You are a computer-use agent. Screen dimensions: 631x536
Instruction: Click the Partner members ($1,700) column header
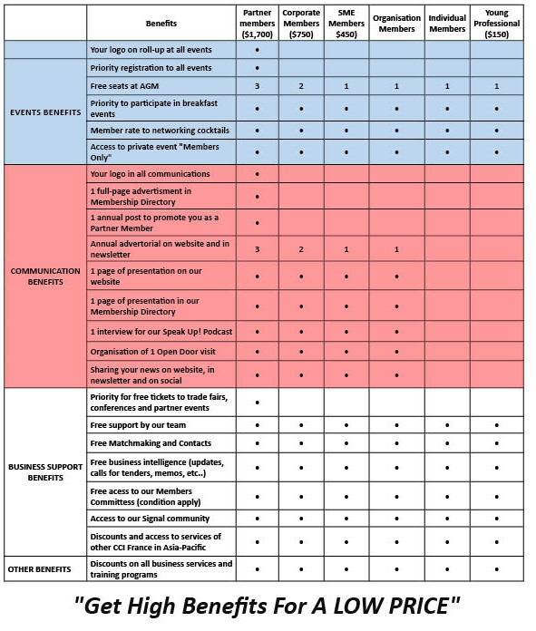click(x=258, y=22)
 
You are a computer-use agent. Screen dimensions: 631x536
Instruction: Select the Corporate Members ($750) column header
click(x=301, y=22)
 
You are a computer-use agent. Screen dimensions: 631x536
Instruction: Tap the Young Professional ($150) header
click(x=496, y=22)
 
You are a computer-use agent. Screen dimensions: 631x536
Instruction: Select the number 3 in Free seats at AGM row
click(x=258, y=86)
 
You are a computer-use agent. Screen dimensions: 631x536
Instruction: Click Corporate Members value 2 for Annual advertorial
click(x=301, y=248)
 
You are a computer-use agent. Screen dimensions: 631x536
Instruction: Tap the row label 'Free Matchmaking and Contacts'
click(x=151, y=443)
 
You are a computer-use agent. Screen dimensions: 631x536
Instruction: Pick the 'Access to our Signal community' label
click(x=150, y=519)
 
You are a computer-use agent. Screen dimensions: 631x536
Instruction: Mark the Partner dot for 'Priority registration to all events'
click(x=258, y=68)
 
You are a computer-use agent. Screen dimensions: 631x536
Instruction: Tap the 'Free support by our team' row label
click(x=138, y=424)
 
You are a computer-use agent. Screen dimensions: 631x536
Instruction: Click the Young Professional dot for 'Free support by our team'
click(x=496, y=424)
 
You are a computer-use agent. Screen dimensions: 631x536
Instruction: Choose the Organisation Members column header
click(x=396, y=22)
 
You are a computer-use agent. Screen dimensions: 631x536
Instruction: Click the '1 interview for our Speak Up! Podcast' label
click(x=161, y=333)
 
